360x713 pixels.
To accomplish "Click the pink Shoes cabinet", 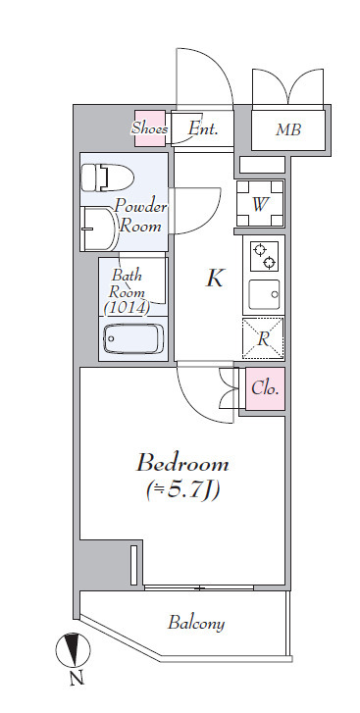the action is (149, 128).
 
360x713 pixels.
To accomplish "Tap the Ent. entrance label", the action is (203, 128).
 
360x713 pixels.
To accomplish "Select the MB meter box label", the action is (288, 130).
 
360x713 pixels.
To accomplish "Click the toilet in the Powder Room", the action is (107, 178).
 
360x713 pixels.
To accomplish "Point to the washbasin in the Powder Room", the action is (99, 228).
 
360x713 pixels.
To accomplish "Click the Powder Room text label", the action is (140, 217).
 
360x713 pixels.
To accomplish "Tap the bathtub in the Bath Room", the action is (133, 338).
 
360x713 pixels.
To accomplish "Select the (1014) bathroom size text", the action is (127, 308).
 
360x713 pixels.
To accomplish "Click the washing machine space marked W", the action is (260, 203).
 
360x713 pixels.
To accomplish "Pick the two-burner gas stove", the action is (265, 256).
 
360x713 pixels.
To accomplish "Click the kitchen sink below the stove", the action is (264, 294).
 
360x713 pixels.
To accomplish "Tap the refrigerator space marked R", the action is (263, 338).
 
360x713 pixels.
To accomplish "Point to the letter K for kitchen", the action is (215, 278).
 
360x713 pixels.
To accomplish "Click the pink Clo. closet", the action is (266, 388).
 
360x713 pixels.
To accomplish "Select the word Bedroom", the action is (182, 464).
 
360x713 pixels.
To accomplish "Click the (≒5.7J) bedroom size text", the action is (182, 490).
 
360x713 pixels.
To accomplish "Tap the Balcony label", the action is (196, 623).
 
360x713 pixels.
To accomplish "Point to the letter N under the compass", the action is (77, 679).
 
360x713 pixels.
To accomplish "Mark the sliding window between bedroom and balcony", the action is (199, 587).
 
